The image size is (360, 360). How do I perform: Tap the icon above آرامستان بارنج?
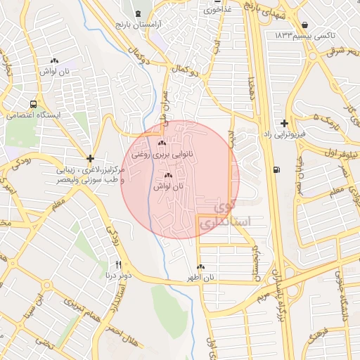point(137,14)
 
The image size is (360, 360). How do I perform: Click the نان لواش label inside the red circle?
point(167,186)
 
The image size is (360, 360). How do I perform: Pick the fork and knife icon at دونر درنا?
point(118,264)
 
